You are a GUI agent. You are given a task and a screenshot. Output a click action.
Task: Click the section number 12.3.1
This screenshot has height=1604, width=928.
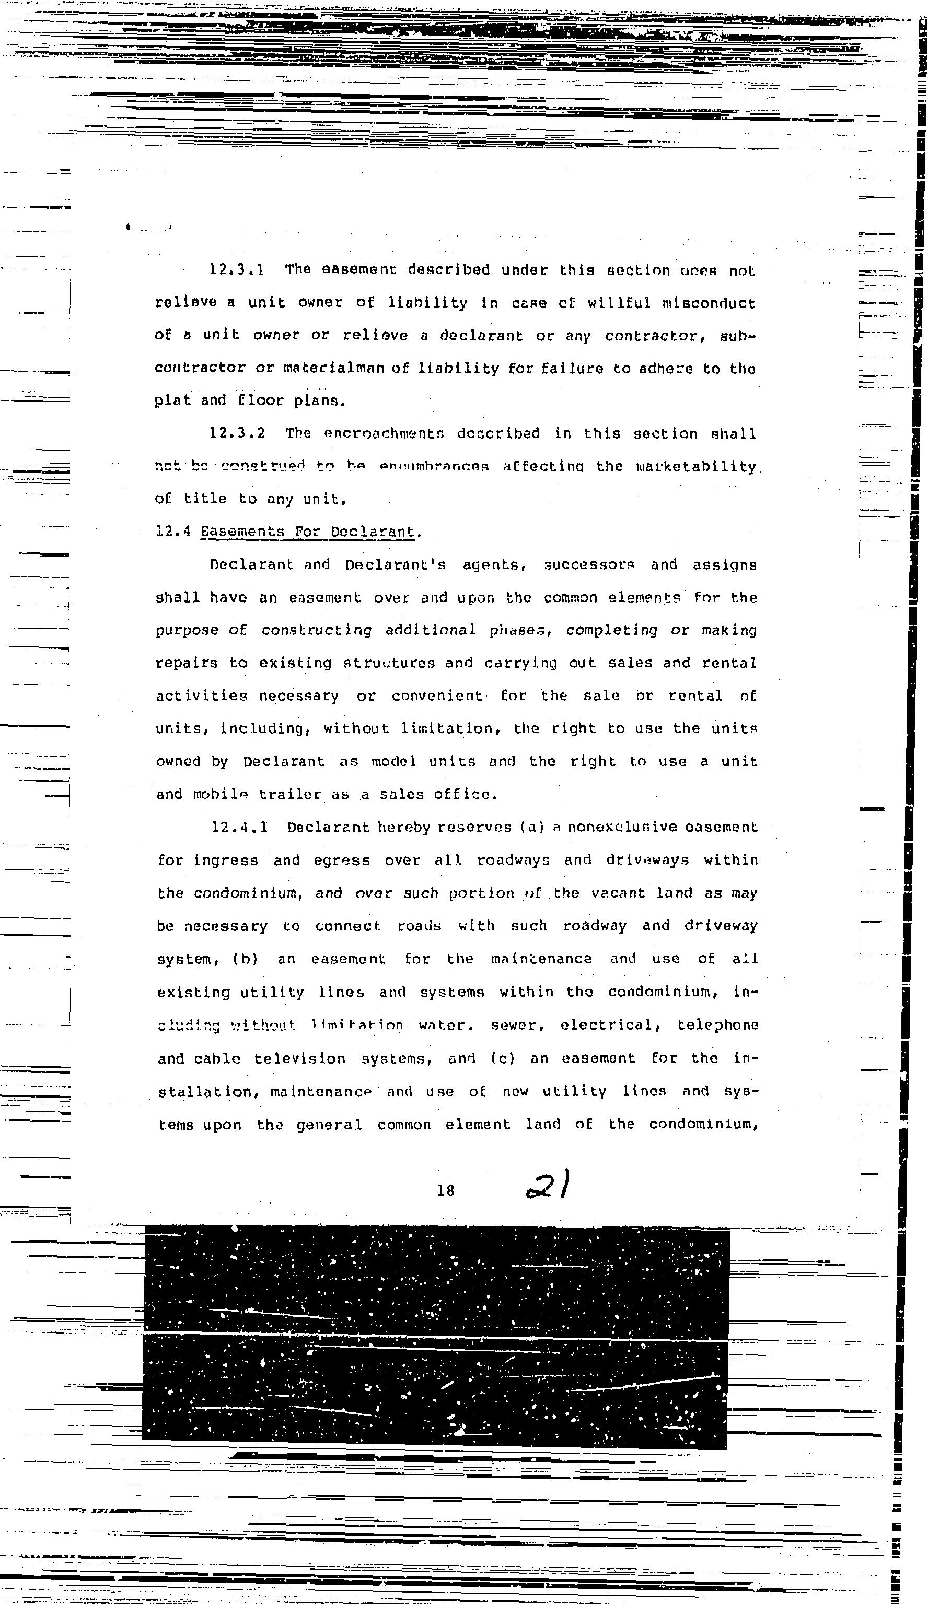(x=236, y=270)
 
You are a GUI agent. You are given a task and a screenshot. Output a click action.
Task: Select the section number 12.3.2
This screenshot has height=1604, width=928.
(x=237, y=433)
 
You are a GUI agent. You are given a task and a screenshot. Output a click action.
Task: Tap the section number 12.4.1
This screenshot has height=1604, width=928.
(x=239, y=828)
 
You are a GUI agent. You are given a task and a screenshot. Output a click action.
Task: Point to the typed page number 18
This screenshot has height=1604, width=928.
(x=445, y=1189)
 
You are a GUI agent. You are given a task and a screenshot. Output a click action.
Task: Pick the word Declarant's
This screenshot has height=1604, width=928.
(x=395, y=564)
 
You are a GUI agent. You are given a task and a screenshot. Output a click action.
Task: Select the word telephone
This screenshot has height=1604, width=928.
(x=717, y=1025)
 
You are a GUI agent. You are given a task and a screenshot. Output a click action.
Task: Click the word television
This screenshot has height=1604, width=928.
(x=299, y=1058)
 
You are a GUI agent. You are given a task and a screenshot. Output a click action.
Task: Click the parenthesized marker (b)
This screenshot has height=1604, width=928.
(x=245, y=959)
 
